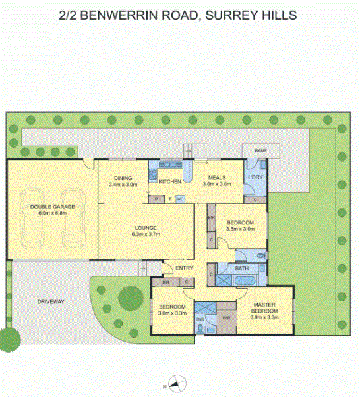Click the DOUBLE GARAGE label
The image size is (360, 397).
52,207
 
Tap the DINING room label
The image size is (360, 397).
123,178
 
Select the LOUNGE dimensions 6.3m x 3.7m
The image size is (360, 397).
146,235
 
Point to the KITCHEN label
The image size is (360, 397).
170,181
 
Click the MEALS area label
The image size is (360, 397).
217,178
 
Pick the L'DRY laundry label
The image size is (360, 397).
255,177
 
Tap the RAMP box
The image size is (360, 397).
261,151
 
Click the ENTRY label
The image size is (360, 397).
184,268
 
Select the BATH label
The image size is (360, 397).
242,268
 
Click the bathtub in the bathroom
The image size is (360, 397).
245,281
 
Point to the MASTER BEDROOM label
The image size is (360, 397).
264,308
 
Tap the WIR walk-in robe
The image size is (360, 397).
226,317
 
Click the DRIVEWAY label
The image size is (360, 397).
51,302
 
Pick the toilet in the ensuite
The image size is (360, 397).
200,328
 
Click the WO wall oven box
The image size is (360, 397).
180,200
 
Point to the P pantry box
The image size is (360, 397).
156,200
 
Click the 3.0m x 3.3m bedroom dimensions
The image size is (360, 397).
172,313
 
